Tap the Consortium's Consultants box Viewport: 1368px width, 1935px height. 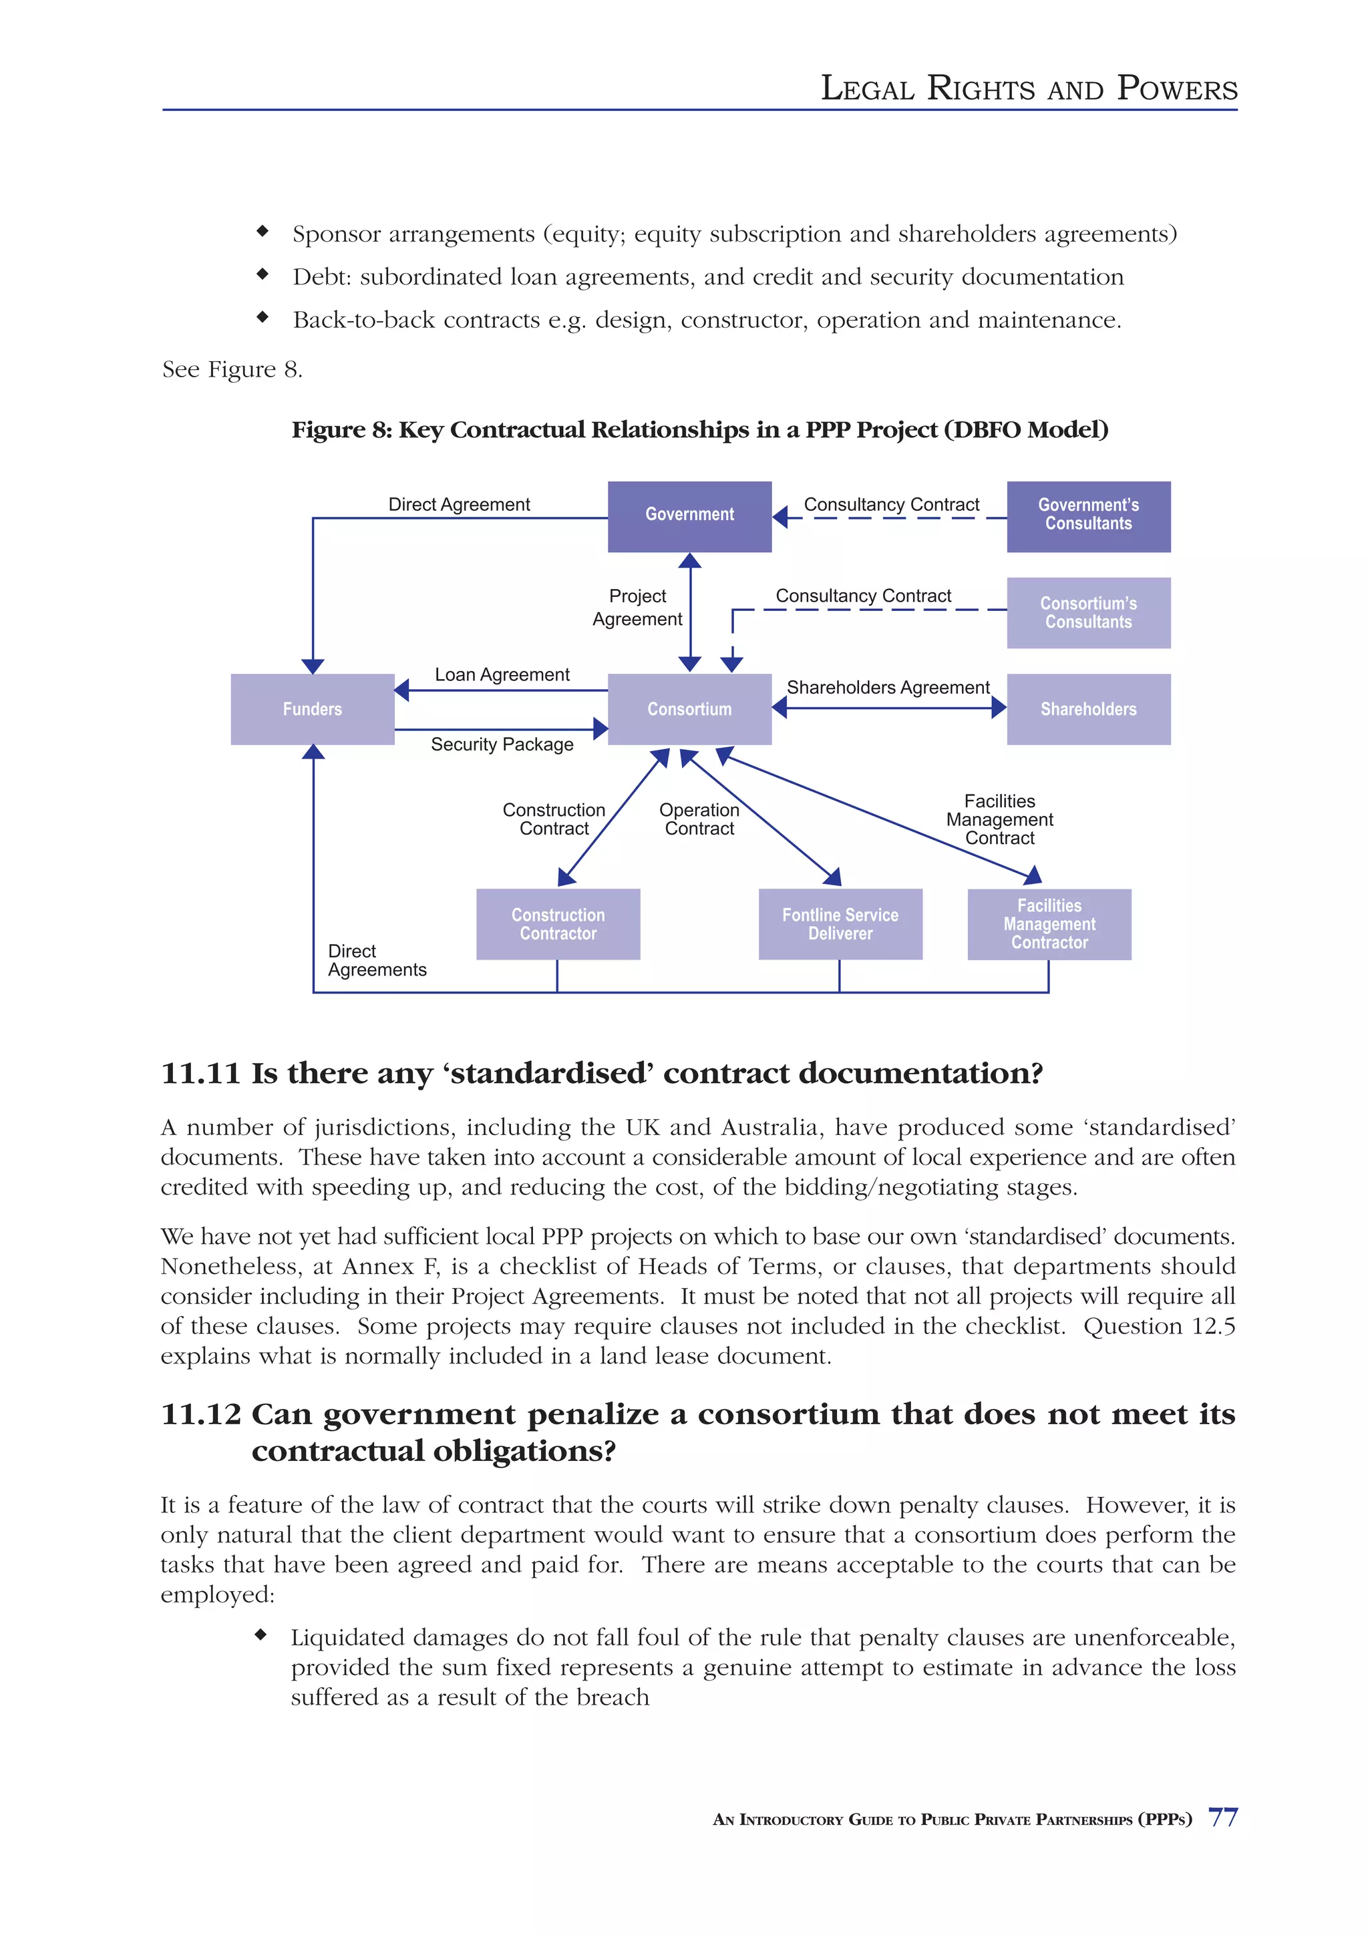[x=1087, y=613]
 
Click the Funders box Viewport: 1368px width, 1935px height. [x=312, y=709]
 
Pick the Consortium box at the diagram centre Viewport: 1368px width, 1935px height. [x=689, y=709]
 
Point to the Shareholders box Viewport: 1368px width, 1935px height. [x=1087, y=709]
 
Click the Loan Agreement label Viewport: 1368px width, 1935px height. [x=502, y=674]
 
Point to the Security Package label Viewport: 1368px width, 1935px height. [x=502, y=744]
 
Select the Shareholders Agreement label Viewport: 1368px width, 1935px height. [x=888, y=687]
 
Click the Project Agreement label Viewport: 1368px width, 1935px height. [x=637, y=607]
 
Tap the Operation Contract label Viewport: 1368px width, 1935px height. [x=699, y=819]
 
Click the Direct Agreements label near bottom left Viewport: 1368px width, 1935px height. [x=376, y=960]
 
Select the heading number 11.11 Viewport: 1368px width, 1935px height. [x=200, y=1073]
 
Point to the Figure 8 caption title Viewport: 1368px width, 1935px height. [x=699, y=430]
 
